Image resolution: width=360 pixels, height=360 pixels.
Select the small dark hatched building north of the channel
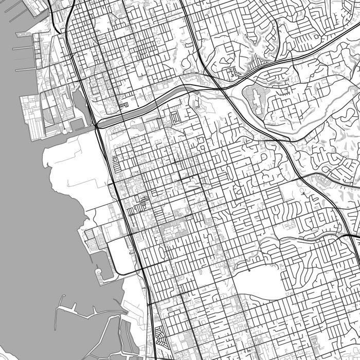point(123,105)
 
